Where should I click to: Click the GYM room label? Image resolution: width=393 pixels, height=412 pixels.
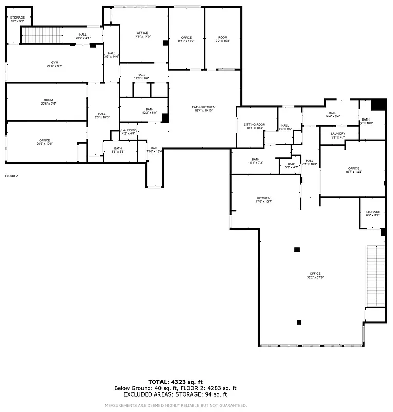[x=55, y=64]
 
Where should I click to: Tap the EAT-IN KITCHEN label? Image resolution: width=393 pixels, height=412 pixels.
[x=203, y=109]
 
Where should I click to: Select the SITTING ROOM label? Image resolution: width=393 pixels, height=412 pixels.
[x=255, y=126]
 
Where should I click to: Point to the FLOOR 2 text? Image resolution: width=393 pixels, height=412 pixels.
[x=11, y=176]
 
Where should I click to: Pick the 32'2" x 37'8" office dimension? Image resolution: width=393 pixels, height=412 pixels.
[x=315, y=277]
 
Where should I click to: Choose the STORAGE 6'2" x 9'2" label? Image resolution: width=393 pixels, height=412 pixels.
[x=17, y=19]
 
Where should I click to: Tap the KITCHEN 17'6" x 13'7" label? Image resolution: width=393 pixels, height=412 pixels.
[x=263, y=200]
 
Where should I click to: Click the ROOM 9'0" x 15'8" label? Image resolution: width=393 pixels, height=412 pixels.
[x=222, y=39]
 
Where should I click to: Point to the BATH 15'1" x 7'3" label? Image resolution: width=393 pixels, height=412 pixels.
[x=256, y=161]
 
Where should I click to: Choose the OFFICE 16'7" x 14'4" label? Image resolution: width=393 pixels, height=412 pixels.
[x=353, y=170]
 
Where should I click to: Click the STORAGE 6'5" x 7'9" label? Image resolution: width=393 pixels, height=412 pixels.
[x=372, y=214]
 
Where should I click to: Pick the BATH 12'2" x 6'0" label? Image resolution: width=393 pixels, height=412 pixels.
[x=149, y=111]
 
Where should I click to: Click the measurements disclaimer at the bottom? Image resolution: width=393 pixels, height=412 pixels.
[x=175, y=405]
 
